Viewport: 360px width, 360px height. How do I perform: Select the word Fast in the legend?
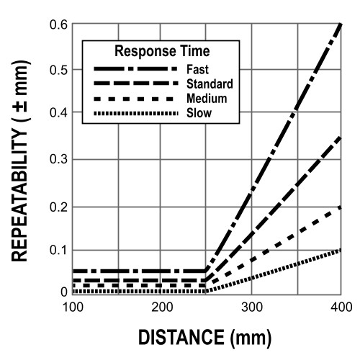click(x=197, y=70)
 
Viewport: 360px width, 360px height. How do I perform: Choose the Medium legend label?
click(x=207, y=99)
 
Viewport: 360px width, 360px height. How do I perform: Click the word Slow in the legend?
click(x=197, y=113)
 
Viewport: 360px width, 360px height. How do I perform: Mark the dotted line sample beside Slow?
click(x=135, y=113)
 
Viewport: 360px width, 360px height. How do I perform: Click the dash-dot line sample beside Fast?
click(x=135, y=70)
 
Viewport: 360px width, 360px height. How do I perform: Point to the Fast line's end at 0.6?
click(x=339, y=24)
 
